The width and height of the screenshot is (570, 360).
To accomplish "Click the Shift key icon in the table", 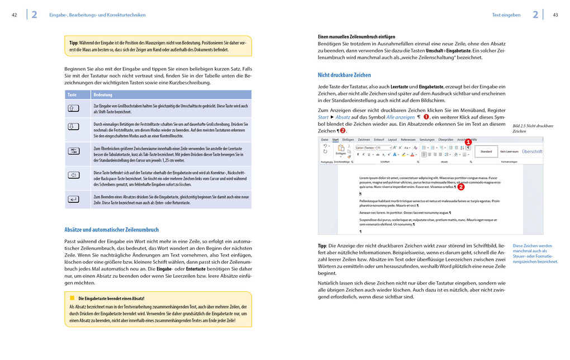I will coord(74,108).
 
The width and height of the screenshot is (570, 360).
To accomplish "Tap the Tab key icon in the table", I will coord(74,151).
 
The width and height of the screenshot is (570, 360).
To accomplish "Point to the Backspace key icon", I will coord(74,175).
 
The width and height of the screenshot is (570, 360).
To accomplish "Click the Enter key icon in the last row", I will coord(74,199).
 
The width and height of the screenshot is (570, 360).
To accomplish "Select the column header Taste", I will coord(72,95).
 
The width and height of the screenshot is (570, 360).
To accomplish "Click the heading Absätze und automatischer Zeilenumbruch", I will coord(112,229).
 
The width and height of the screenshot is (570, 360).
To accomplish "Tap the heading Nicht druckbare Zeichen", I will coord(344,75).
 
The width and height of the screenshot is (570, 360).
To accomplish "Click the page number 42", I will coord(14,15).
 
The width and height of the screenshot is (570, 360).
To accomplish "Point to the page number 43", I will coord(555,15).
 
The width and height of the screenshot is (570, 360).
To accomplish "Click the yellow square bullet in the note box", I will coord(72,297).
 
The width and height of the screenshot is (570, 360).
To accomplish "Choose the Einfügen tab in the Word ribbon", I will coord(348,139).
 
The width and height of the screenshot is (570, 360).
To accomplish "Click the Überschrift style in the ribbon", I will coord(531,151).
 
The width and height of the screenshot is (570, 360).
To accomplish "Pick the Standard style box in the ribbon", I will coord(486,151).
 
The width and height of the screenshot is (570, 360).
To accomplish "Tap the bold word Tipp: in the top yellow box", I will coord(73,42).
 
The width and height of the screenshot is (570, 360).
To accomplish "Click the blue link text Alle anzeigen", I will coord(400,117).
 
